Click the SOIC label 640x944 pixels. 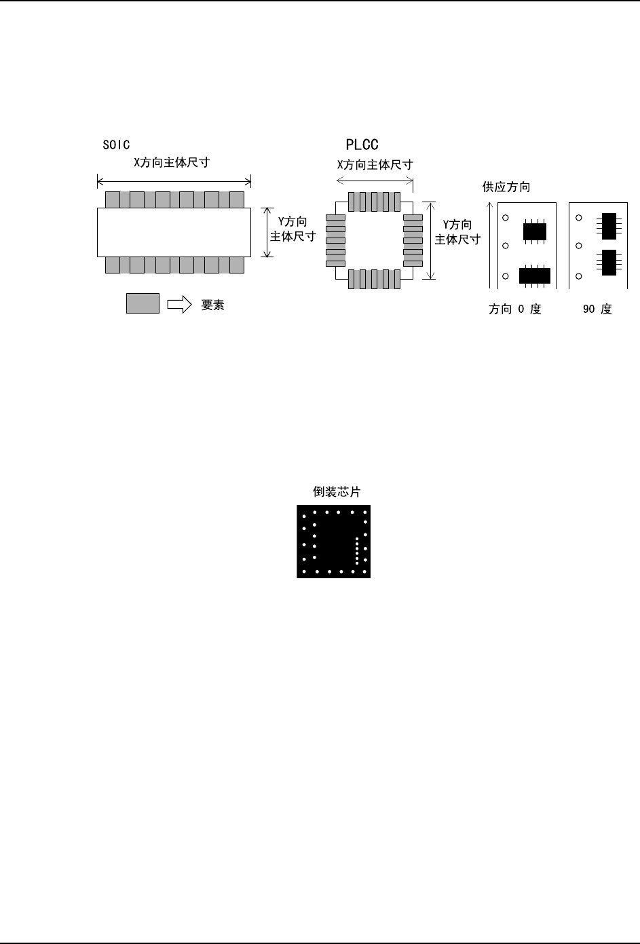coord(115,145)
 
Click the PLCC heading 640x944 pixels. coord(362,145)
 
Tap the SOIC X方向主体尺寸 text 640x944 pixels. coord(171,164)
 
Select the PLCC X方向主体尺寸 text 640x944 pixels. coord(375,165)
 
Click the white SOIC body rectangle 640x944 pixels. coord(174,233)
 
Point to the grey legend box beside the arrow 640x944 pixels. coord(143,304)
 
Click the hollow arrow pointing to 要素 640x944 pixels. coord(180,305)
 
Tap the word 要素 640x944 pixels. coord(212,305)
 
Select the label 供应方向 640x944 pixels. coord(506,187)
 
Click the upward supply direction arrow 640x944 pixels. coord(490,244)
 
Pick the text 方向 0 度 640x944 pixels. coord(515,309)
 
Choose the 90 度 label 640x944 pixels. coord(597,309)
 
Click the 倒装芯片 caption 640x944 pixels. coord(332,492)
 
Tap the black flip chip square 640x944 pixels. coord(333,542)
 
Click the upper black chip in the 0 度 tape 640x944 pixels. coord(534,231)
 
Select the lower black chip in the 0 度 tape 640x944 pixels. coord(534,276)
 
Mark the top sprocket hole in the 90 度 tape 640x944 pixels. coord(579,218)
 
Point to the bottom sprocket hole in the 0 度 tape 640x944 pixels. coord(506,276)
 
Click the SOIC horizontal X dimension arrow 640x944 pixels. coord(174,181)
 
